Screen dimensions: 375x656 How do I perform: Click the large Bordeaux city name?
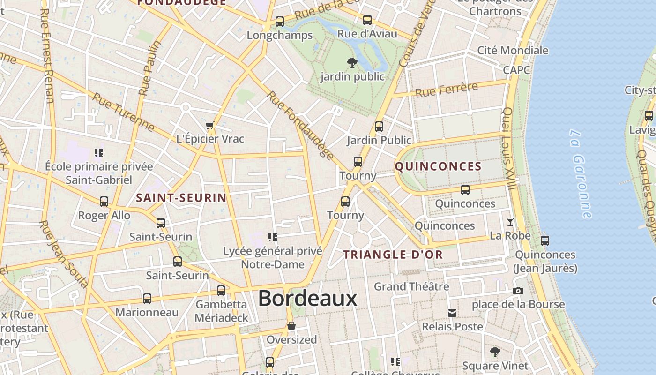coord(307,298)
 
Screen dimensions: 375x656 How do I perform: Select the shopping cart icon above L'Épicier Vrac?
coord(209,125)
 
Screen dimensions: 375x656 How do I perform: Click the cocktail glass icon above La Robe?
coord(510,221)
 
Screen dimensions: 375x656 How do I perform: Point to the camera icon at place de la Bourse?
coord(518,291)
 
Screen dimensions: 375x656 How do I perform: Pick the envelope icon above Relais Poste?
coord(452,313)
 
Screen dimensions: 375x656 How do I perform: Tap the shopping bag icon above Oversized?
coord(291,326)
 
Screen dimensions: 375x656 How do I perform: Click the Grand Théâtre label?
coord(411,286)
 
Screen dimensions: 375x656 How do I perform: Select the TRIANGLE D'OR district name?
coord(393,255)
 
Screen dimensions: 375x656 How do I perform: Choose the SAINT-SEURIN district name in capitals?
coord(181,198)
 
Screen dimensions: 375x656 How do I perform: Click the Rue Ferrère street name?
coord(447,89)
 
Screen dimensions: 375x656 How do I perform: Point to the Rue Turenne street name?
coord(123,112)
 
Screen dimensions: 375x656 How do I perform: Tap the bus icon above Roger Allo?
coord(104,202)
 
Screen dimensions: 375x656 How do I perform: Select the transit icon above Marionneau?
coord(147,299)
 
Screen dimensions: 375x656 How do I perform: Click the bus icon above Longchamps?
coord(280,21)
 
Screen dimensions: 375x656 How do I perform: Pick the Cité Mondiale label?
coord(512,50)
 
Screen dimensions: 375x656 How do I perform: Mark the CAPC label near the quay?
coord(516,70)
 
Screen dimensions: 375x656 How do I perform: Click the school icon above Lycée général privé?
coord(273,237)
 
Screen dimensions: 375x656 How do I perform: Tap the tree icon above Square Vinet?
coord(495,352)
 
